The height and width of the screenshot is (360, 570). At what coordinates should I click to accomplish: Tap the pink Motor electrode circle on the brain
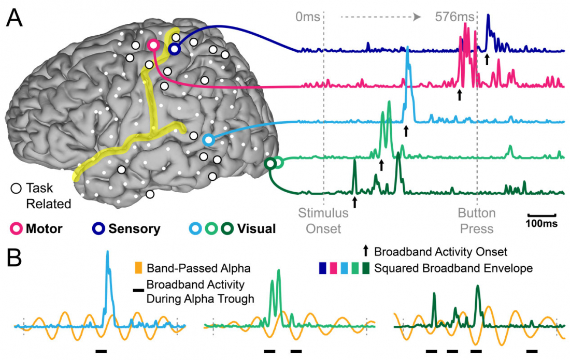tap(153, 45)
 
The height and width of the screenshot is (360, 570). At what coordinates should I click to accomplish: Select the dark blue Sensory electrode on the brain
tap(174, 49)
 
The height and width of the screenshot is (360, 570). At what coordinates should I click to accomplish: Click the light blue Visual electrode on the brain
tap(208, 140)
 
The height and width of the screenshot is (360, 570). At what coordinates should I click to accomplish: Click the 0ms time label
tap(308, 17)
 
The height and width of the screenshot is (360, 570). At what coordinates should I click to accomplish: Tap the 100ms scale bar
tap(541, 214)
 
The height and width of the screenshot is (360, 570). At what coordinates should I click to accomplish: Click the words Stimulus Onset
tap(320, 221)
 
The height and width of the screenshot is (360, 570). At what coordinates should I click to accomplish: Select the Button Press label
tap(477, 221)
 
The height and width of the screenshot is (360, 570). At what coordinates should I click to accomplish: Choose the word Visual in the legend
tap(256, 228)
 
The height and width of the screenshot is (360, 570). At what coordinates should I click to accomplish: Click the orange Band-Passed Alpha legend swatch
tap(138, 269)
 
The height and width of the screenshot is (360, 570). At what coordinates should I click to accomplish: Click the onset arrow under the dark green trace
tap(354, 201)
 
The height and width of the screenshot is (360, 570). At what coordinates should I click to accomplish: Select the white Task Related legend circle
tap(16, 189)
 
